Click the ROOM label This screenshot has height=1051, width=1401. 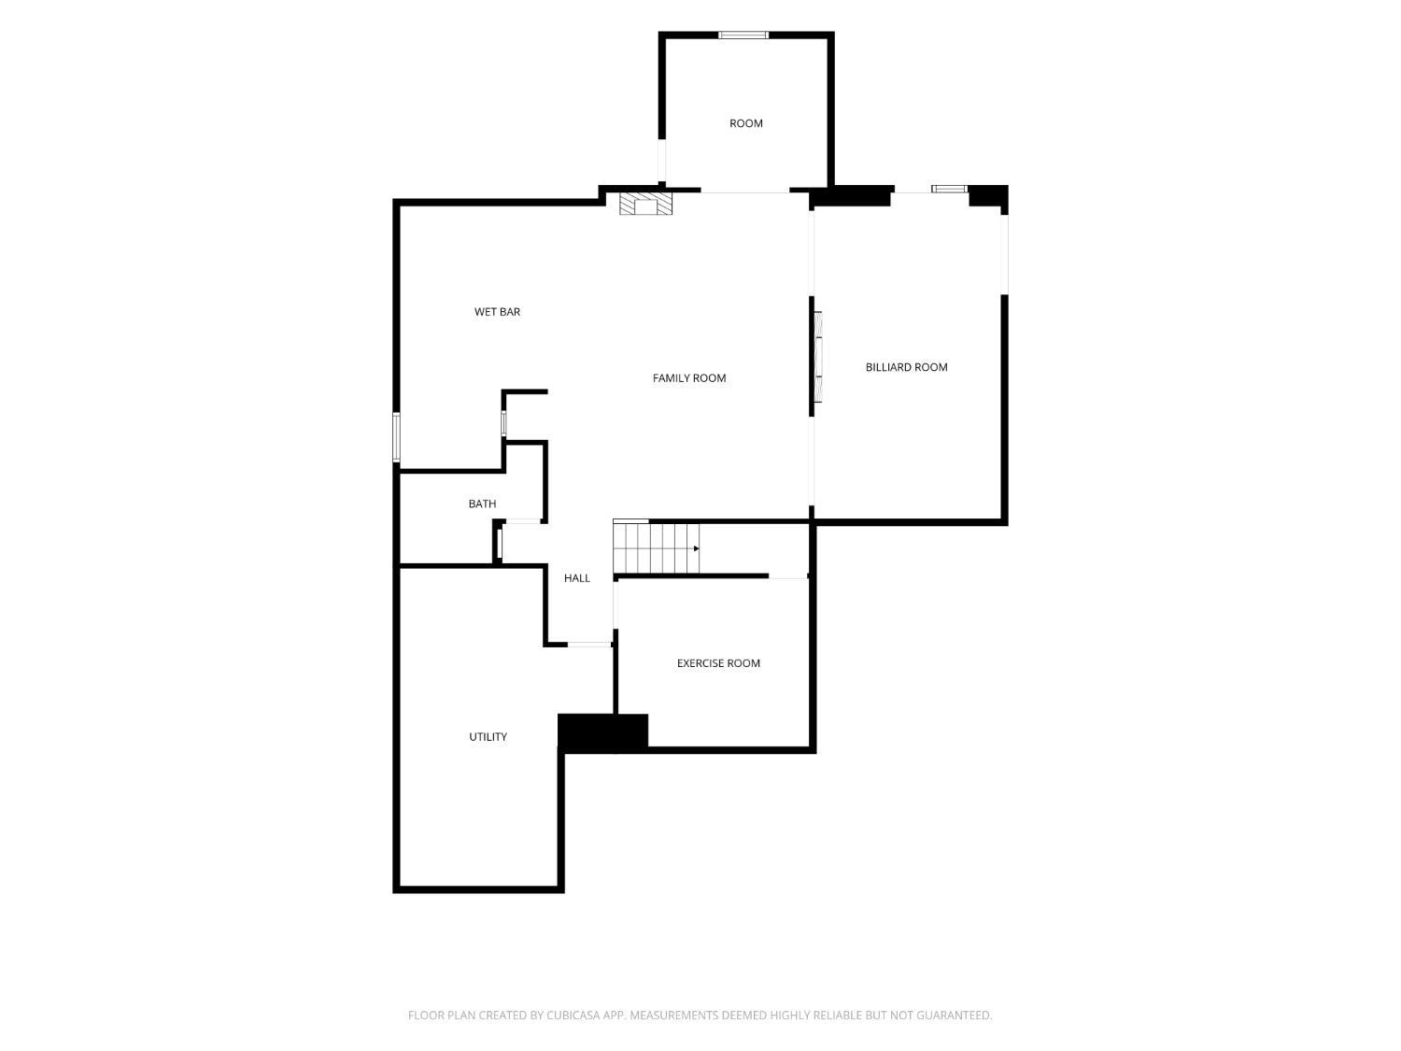745,123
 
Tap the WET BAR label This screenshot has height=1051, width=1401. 497,311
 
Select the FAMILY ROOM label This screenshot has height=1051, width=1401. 688,377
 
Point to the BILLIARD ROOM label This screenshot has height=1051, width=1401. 906,367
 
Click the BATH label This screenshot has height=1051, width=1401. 482,504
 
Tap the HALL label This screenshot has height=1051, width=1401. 576,577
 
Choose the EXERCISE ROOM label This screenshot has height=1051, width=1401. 718,663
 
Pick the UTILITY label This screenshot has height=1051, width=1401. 488,736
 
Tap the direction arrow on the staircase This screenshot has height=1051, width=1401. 696,548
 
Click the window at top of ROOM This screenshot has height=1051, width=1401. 743,36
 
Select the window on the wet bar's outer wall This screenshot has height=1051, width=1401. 396,436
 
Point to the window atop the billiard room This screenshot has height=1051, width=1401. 948,189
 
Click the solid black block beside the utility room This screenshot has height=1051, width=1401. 602,731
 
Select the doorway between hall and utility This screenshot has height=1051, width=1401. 589,645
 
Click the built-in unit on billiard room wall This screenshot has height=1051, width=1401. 817,357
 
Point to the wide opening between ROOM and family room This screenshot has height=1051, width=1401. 744,191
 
